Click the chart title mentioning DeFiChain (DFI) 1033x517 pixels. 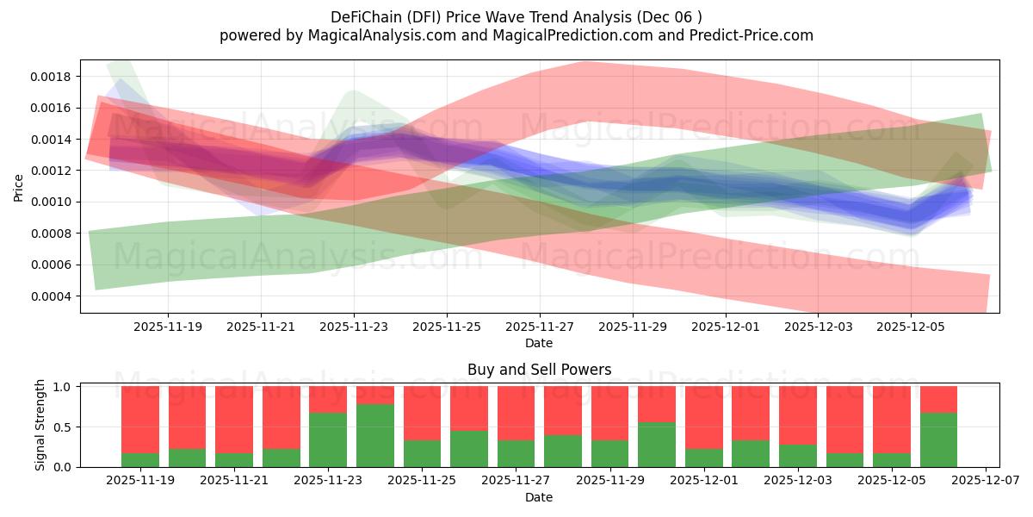(x=516, y=16)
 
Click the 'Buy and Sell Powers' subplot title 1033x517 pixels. (x=539, y=370)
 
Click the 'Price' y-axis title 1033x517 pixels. (x=19, y=186)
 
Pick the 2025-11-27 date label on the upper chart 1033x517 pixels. (x=540, y=327)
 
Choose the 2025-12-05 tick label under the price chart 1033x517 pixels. (x=912, y=327)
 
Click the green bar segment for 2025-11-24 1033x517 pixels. (x=375, y=435)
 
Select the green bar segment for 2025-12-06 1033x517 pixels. (x=938, y=439)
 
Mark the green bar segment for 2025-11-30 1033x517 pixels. (x=657, y=445)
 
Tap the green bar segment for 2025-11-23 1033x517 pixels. (x=328, y=439)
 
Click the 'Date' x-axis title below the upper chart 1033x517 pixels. (x=539, y=343)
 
